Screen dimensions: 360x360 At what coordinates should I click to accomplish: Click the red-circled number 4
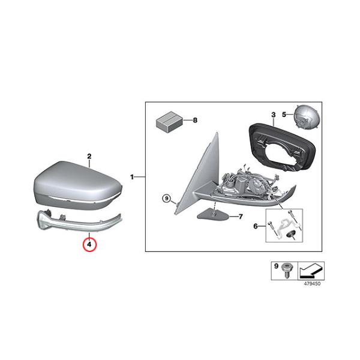89,245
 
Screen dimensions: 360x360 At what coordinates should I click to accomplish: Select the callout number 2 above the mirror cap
89,157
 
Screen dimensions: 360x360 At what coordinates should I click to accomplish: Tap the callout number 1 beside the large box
132,177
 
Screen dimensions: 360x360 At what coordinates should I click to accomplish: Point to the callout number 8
195,120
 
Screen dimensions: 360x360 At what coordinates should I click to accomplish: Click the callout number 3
273,115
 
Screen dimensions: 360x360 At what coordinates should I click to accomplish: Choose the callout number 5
284,115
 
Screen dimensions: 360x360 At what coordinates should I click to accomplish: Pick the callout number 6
256,226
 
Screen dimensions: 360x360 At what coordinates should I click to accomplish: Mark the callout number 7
241,217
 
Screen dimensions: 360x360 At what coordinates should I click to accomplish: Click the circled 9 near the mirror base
167,198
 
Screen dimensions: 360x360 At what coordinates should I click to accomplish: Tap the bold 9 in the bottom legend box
276,266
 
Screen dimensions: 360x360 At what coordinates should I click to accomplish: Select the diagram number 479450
312,284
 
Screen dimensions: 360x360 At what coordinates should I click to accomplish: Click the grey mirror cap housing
78,186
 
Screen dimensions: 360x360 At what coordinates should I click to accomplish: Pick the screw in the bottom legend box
286,270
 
